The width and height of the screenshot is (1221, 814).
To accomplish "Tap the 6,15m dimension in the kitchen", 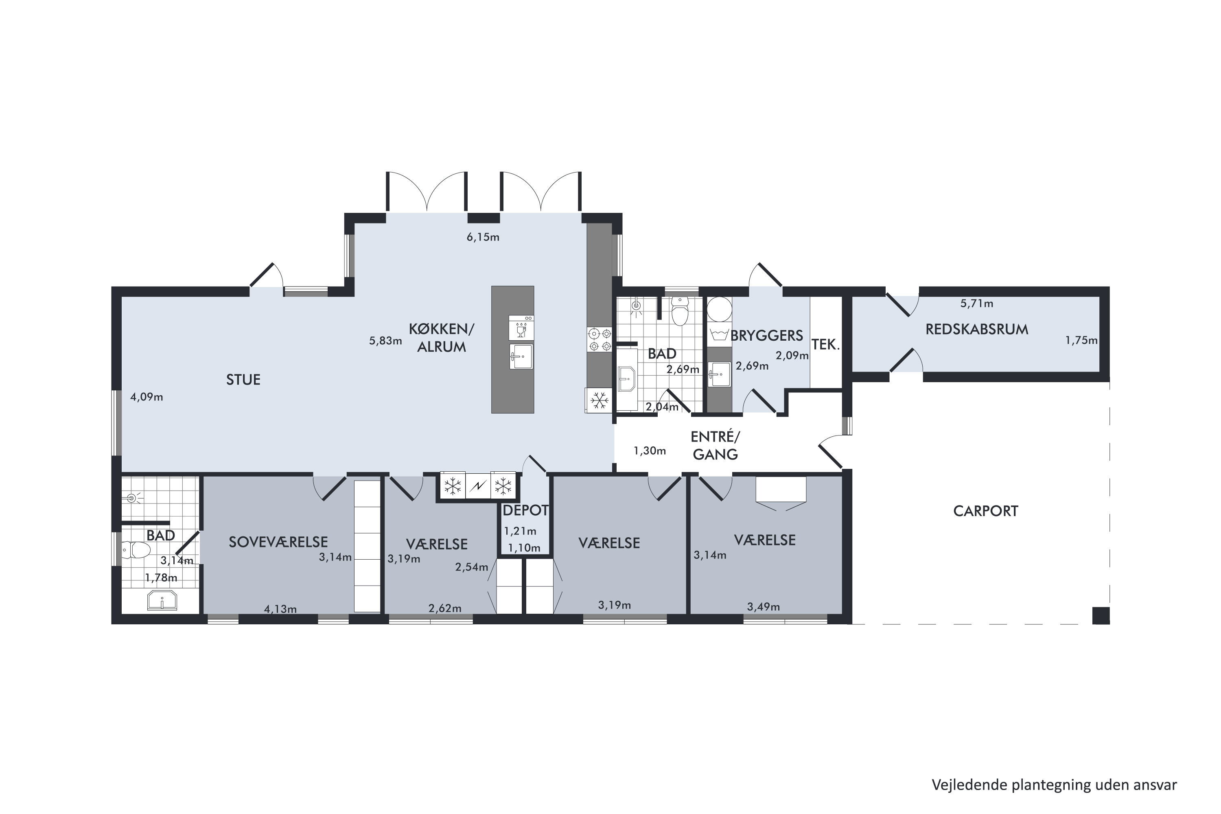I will point(483,238).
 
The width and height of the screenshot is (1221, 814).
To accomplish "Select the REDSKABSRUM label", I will point(976,330).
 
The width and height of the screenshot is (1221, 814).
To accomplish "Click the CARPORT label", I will point(985,511).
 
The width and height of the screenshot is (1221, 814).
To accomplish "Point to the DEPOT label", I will point(525,510).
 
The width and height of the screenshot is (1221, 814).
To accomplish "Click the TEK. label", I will point(825,345).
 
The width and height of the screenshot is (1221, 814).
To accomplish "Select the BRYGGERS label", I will point(767,336).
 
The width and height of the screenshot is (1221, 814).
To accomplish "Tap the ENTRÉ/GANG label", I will point(716,445).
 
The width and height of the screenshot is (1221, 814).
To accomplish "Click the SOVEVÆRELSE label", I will point(278,543).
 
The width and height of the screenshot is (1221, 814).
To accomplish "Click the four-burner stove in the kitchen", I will point(600,339).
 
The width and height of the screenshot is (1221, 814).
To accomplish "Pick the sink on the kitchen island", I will point(521,356).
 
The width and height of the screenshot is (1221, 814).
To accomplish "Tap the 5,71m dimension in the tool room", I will point(976,304).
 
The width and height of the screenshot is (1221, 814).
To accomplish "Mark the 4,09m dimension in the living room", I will point(147,398).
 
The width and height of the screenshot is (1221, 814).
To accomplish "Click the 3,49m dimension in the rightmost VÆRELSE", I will point(763,606).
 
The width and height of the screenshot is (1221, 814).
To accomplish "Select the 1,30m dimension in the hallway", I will point(650,451).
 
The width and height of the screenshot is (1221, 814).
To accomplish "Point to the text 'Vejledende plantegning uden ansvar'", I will point(1054,784).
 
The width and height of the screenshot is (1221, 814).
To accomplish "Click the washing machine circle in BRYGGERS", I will point(720,309).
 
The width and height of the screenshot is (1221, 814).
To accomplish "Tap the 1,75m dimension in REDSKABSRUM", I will point(1081,341).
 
